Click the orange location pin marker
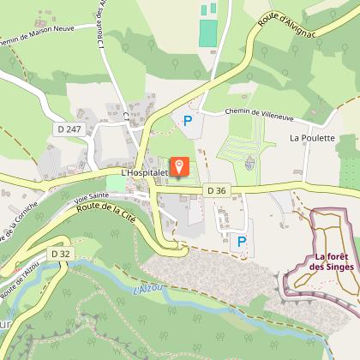[180, 165]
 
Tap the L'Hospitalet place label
[147, 172]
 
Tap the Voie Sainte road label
[77, 197]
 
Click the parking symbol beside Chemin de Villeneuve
[188, 122]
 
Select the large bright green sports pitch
[208, 33]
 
